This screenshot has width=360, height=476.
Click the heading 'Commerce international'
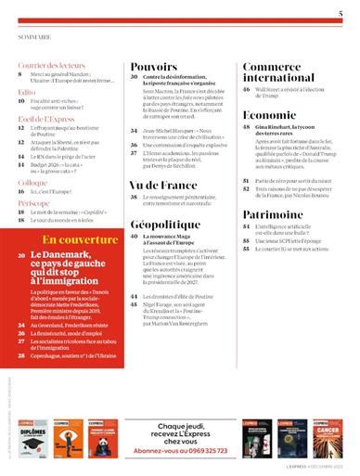pyautogui.click(x=277, y=73)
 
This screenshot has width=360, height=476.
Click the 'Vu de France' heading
pyautogui.click(x=163, y=186)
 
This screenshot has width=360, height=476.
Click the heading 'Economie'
pyautogui.click(x=270, y=114)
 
